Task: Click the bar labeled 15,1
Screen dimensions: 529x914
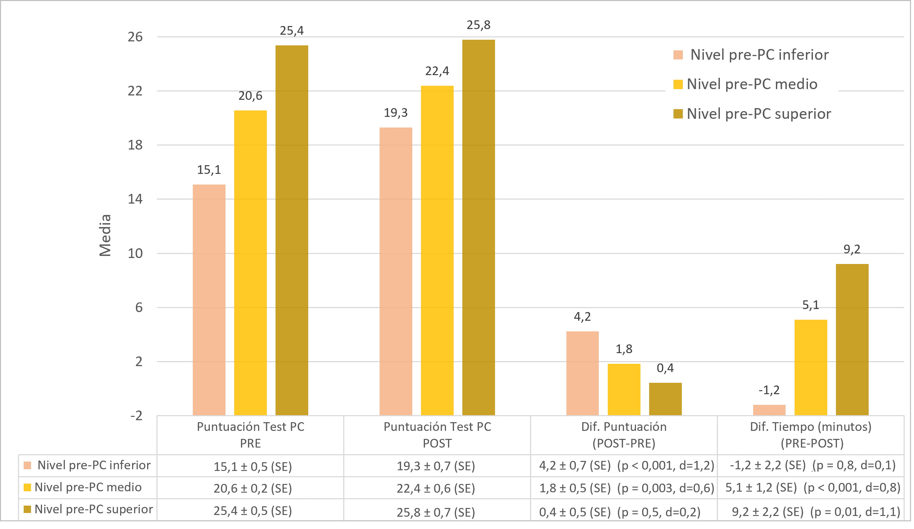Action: tap(209, 300)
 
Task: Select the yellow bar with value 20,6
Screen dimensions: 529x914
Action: tap(250, 263)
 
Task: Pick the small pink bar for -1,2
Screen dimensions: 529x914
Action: tap(769, 410)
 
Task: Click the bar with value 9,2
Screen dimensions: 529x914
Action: tap(852, 339)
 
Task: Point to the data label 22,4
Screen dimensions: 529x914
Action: tap(437, 71)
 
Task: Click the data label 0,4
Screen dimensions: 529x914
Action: tap(665, 368)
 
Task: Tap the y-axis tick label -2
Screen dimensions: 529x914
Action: tap(136, 416)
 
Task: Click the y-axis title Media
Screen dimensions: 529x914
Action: tap(105, 235)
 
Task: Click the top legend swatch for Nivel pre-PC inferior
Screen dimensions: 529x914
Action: tap(678, 55)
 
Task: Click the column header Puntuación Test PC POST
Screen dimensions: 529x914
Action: tap(437, 435)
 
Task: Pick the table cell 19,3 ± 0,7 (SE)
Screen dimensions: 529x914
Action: tap(436, 466)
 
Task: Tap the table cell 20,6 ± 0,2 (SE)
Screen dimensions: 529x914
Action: tap(253, 488)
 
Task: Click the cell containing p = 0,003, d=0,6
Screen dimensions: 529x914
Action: tap(626, 488)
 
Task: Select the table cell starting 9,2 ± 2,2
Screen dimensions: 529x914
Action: tap(816, 512)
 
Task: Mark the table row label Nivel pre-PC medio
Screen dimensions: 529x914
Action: tap(88, 487)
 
